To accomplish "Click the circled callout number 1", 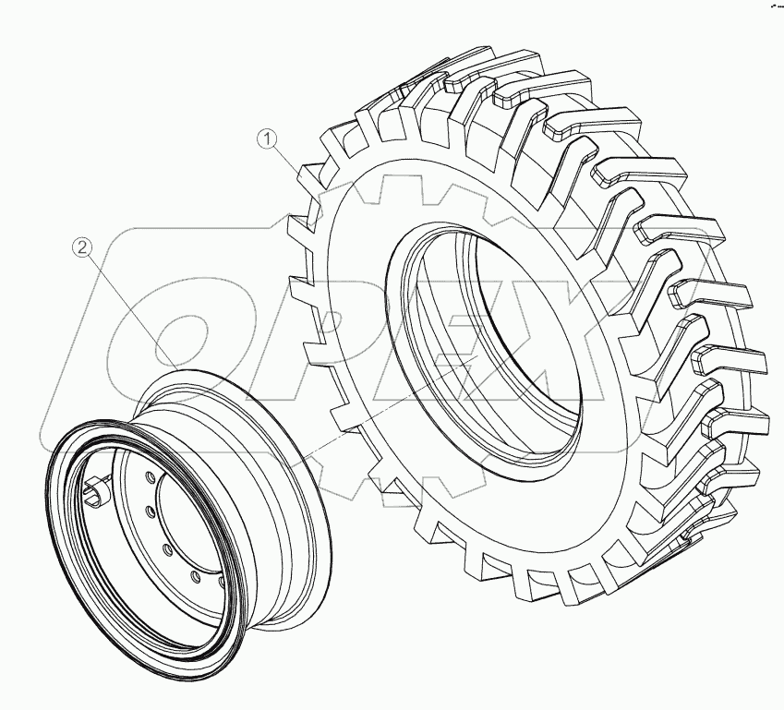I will click(x=267, y=139).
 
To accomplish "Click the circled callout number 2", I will click(x=83, y=247).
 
